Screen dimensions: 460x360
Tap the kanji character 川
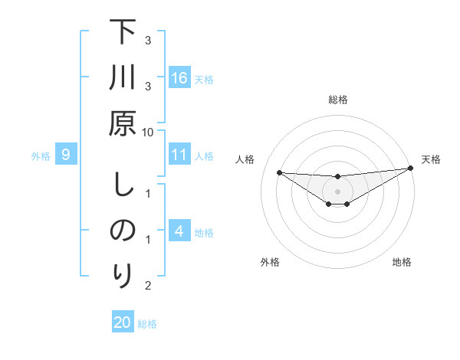point(123,78)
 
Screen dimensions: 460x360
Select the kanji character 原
point(123,123)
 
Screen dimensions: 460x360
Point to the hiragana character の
point(123,231)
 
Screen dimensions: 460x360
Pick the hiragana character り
point(123,275)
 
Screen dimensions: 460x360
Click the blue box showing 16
point(179,78)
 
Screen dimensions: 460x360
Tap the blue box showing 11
point(179,155)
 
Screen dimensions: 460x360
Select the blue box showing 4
point(179,231)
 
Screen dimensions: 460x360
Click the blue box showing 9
point(66,155)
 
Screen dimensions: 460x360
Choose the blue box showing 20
point(123,322)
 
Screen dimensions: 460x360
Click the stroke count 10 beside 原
point(148,132)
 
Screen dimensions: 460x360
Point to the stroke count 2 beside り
point(148,286)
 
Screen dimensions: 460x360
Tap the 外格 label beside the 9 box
point(41,156)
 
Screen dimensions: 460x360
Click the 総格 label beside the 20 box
point(147,324)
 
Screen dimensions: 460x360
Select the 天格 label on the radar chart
point(432,159)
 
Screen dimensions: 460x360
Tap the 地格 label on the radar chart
point(402,262)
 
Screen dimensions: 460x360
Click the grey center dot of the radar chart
point(338,191)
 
